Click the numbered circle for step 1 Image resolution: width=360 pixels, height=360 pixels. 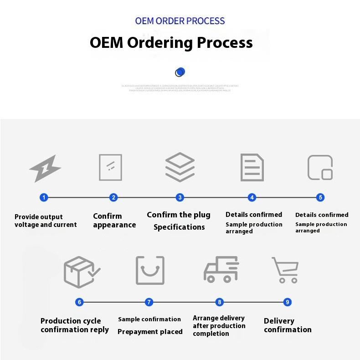[44, 197]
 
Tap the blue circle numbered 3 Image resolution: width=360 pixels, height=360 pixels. [180, 197]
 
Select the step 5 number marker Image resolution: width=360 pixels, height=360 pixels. [321, 197]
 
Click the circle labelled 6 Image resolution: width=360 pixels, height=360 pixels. [80, 302]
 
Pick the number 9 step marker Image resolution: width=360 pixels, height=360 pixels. [287, 302]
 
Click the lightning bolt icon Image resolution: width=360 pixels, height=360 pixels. [45, 168]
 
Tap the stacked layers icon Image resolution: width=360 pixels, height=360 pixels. [180, 167]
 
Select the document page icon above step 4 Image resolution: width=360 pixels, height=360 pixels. [252, 167]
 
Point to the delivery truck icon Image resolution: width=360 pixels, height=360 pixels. [221, 269]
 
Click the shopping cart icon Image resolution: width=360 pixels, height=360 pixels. [285, 270]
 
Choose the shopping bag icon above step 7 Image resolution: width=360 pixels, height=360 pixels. [150, 270]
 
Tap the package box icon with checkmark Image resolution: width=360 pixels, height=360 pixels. [81, 272]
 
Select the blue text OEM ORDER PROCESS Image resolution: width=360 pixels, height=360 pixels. [180, 21]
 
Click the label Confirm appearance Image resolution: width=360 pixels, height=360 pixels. [114, 221]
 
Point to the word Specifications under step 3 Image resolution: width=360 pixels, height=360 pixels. [179, 227]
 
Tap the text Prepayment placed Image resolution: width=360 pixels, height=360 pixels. [150, 332]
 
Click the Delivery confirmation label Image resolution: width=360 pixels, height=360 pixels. [287, 325]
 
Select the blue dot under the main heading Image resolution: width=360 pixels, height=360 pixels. [180, 72]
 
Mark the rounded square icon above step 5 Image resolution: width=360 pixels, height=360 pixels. [320, 167]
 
